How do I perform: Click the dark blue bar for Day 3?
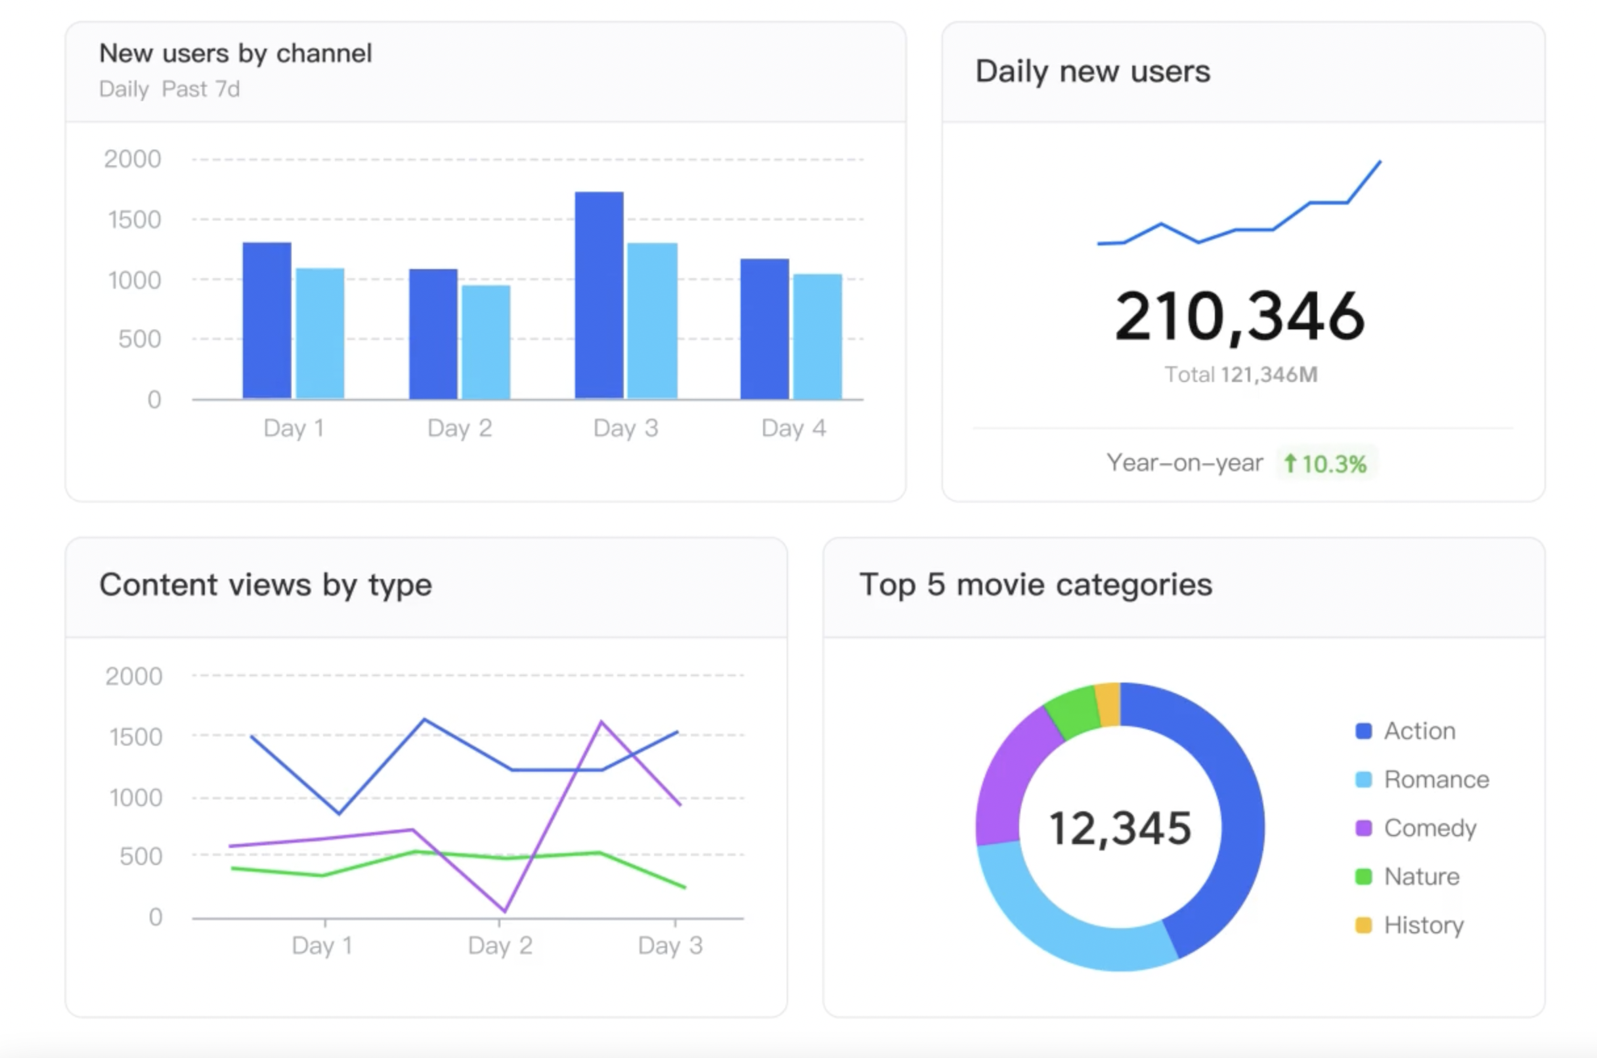tap(599, 295)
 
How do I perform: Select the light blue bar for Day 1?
tap(320, 333)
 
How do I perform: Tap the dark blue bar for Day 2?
tap(433, 334)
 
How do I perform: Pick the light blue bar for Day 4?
tap(818, 336)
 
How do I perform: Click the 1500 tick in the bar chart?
tap(135, 220)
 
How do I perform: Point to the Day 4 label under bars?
tap(793, 428)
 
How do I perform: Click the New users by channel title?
tap(236, 53)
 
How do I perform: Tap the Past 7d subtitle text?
tap(201, 89)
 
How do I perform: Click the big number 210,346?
tap(1240, 316)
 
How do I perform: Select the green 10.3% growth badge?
tap(1326, 463)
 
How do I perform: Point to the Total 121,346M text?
tap(1241, 375)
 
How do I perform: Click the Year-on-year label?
tap(1185, 463)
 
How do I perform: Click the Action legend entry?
tap(1406, 730)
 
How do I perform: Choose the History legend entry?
tap(1410, 925)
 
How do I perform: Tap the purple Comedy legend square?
tap(1363, 828)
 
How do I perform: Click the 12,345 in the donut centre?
tap(1120, 828)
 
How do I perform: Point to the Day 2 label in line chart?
tap(500, 945)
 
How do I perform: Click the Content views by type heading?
tap(265, 585)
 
